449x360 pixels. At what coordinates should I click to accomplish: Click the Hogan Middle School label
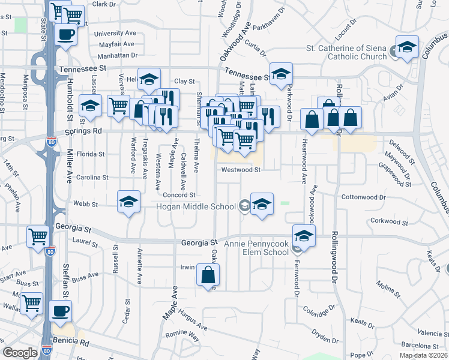pos(196,207)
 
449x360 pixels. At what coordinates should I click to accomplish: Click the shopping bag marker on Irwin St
pos(208,276)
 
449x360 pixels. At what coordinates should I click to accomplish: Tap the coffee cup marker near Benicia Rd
pos(61,311)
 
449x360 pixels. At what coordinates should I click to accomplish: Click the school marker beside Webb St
pos(128,203)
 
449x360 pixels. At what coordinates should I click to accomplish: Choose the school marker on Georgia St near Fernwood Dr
pos(304,236)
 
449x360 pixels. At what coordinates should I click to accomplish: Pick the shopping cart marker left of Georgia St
pos(38,237)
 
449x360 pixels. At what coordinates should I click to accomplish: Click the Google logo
pos(20,353)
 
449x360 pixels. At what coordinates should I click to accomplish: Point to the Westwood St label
pos(241,170)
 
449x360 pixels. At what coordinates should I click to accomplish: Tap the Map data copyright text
pos(423,355)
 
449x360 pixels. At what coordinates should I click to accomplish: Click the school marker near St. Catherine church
pos(406,47)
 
